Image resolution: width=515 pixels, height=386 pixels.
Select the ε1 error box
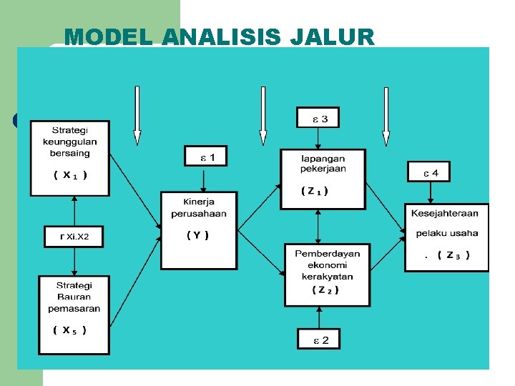[205, 155]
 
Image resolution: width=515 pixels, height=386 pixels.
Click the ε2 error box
[318, 339]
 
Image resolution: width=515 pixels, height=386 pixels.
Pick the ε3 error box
[318, 118]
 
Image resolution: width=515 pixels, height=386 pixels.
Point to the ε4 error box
[428, 172]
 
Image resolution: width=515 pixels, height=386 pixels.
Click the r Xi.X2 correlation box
[74, 237]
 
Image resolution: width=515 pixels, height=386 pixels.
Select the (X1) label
[70, 175]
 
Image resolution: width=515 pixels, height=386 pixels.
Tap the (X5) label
[69, 330]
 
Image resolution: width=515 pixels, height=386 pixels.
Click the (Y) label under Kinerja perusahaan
[197, 235]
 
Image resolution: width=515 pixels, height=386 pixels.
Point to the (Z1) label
[315, 191]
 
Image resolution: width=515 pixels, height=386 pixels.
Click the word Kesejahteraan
[445, 213]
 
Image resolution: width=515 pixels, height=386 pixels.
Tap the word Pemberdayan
[327, 254]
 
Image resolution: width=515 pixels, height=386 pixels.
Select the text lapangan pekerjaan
[323, 163]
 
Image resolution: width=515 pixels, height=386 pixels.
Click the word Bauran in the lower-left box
[74, 297]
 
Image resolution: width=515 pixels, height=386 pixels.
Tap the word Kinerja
[198, 202]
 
